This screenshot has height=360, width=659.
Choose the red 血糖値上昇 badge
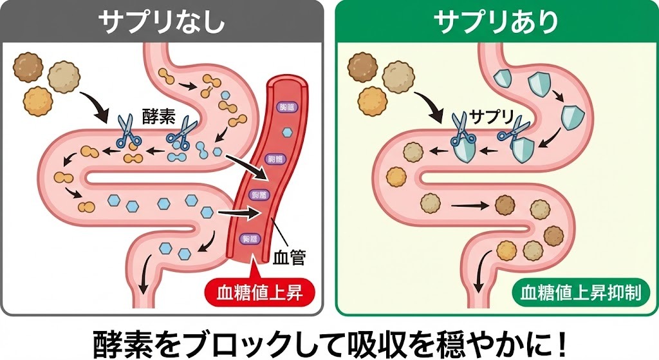pos(263,292)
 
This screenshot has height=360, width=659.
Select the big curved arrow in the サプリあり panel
pos(429,107)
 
